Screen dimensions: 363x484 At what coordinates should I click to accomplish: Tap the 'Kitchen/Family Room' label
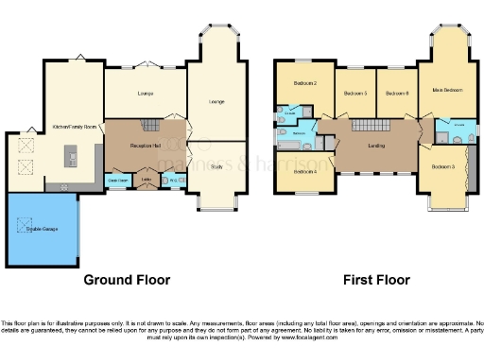tap(77, 126)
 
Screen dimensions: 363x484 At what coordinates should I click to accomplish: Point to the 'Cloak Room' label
tap(118, 180)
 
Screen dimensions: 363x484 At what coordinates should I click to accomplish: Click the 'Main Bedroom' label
tap(447, 90)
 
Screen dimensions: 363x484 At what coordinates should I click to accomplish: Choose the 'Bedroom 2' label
tap(302, 84)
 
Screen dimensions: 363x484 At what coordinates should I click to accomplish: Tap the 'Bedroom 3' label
tap(443, 166)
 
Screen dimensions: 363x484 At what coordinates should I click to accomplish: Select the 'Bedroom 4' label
tap(304, 171)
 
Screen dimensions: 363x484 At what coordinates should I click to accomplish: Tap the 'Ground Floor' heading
tap(127, 280)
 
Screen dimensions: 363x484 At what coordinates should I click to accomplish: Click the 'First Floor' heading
tap(377, 280)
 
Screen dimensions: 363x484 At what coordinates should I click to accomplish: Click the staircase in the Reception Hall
tap(148, 126)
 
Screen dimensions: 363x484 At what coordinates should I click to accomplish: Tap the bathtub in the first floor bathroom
tap(286, 147)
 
